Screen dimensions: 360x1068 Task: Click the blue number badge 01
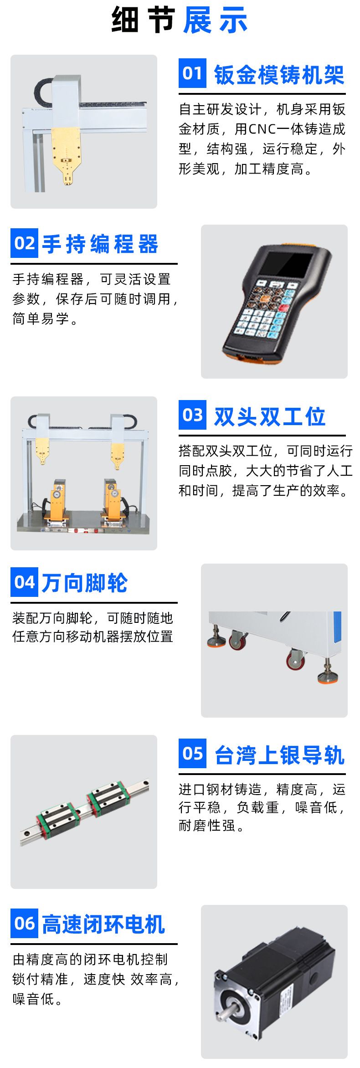click(x=192, y=73)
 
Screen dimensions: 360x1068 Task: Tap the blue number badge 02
click(x=24, y=243)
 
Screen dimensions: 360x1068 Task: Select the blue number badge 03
click(x=192, y=415)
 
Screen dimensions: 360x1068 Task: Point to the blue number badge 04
click(x=24, y=582)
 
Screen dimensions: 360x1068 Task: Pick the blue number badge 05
click(x=192, y=754)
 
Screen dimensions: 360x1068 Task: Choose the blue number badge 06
click(x=24, y=924)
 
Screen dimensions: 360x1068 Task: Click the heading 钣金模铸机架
click(x=279, y=75)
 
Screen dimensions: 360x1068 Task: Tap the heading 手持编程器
click(x=100, y=244)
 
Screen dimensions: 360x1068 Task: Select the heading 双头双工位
click(x=270, y=416)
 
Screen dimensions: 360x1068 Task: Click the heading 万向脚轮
click(x=85, y=584)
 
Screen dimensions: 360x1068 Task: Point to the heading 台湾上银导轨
click(x=279, y=755)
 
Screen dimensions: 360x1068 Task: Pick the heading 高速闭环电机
click(x=103, y=925)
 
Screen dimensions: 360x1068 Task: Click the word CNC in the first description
click(x=262, y=129)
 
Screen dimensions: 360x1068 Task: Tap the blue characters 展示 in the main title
click(x=215, y=20)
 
